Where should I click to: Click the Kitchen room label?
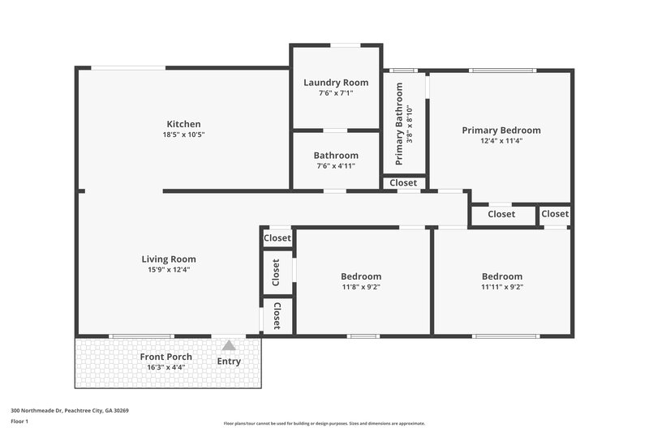coord(183,124)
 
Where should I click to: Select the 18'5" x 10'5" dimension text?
coord(183,135)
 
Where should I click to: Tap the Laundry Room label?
coord(336,82)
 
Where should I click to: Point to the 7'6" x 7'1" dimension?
coord(336,92)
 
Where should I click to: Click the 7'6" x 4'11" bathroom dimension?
coord(336,165)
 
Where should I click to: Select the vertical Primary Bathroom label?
coord(399,123)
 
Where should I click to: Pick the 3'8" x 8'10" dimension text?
coord(410,125)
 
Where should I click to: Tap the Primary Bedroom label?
coord(501,130)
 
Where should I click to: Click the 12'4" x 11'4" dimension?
coord(501,140)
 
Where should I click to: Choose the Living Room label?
coord(169,259)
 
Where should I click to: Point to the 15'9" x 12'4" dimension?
coord(169,270)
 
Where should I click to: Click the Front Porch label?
coord(165,357)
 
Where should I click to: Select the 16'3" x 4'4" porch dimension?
coord(165,367)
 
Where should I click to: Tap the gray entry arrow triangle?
coord(229,345)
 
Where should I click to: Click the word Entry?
coord(229,361)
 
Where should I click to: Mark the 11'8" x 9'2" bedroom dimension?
coord(361,286)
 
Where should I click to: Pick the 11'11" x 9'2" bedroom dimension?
coord(501,286)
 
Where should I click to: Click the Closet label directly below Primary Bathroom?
coord(403,183)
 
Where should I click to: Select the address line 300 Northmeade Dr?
coord(69,410)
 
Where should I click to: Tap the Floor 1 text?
coord(19,421)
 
